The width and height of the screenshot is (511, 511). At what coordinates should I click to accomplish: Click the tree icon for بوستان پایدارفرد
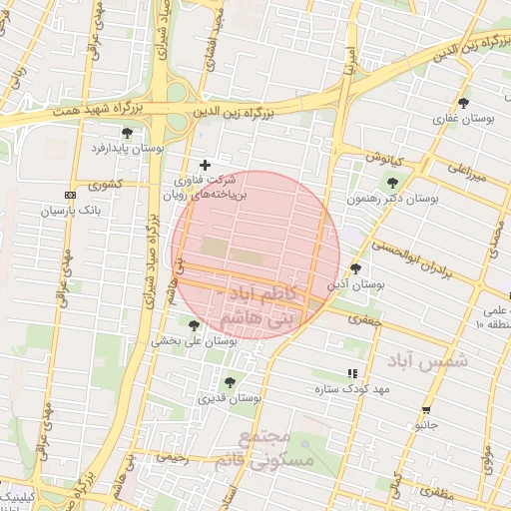(126, 133)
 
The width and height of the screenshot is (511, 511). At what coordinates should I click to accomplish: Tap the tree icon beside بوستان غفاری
(463, 103)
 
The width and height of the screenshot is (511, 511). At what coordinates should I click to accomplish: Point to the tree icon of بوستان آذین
(356, 268)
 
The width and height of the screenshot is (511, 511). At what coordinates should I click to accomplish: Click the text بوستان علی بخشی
(194, 340)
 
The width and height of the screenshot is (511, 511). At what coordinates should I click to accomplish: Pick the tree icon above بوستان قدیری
(231, 382)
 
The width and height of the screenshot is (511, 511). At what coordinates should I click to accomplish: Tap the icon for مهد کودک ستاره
(351, 373)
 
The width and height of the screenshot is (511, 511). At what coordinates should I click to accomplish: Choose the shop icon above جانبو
(427, 410)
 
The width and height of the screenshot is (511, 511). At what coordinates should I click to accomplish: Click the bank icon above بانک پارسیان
(69, 195)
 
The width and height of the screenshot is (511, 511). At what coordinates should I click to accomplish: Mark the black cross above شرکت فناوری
(206, 165)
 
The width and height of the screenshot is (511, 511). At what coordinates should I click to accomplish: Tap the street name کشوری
(105, 184)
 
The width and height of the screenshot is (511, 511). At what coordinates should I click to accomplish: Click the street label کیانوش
(382, 158)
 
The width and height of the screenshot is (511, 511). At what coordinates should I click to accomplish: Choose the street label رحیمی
(171, 456)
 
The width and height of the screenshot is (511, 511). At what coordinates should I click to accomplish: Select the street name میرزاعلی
(466, 172)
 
